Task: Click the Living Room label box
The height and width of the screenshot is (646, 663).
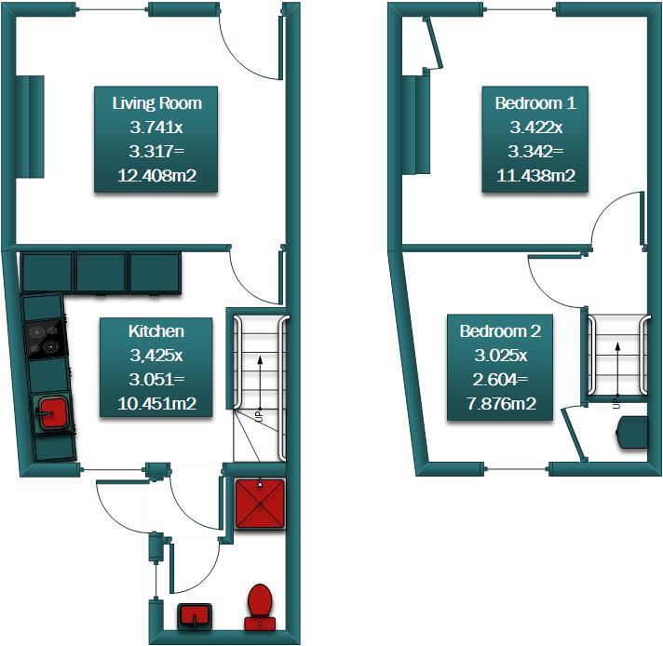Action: coord(156,139)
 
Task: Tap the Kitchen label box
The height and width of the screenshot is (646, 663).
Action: coord(156,367)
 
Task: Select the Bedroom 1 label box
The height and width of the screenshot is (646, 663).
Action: coord(535,139)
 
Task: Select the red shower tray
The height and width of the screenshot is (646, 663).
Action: coord(258,504)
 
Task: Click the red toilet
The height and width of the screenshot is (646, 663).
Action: coord(259,606)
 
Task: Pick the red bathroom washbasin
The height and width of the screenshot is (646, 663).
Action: coord(195,614)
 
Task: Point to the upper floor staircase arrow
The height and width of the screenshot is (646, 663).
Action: coord(616,369)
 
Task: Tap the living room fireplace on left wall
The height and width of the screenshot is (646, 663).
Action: coord(30,126)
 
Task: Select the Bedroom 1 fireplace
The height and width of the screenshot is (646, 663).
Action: coord(415,126)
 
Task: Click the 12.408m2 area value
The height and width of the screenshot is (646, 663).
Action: coord(156,174)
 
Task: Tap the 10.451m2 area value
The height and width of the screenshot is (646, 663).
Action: coord(156,403)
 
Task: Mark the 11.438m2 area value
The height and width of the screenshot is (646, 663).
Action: coord(535,174)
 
